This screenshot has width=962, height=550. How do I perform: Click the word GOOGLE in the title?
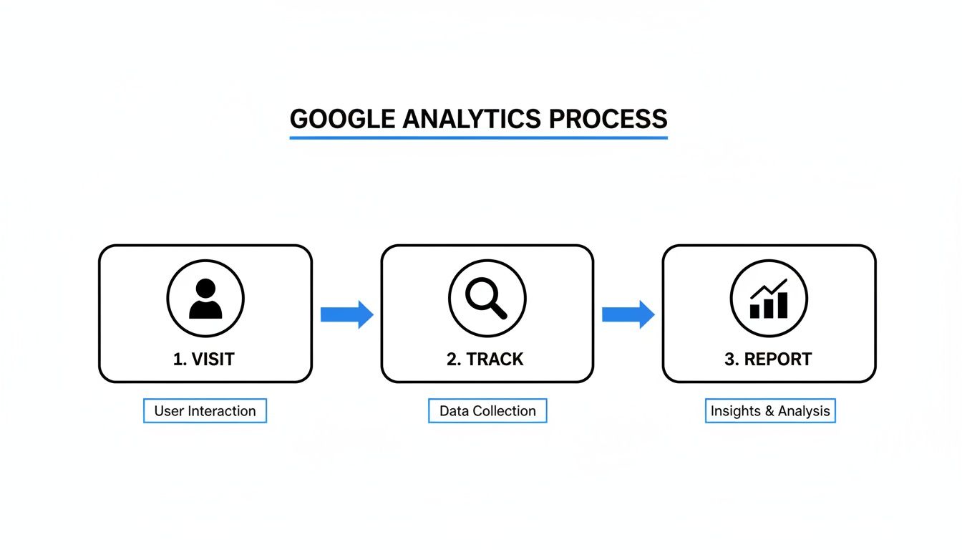[x=342, y=118]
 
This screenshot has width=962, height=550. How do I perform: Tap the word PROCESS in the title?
[x=608, y=118]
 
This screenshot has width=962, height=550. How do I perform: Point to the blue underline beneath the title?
[x=478, y=137]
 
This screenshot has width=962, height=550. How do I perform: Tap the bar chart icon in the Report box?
[x=769, y=301]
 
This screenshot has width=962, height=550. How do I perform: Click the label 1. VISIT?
[x=204, y=359]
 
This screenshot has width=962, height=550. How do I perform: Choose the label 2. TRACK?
[x=485, y=359]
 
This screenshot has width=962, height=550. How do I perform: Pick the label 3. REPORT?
[x=768, y=359]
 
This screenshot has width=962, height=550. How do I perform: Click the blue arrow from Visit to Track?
[x=346, y=314]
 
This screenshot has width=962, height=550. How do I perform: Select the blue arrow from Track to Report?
[x=628, y=314]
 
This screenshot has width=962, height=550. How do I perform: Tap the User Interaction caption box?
[x=205, y=411]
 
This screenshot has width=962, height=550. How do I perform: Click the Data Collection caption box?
[x=487, y=411]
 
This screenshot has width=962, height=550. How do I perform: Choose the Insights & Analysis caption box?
[x=770, y=411]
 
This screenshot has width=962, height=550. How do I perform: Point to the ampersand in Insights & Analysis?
[x=765, y=411]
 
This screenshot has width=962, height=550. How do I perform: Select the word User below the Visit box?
[x=169, y=411]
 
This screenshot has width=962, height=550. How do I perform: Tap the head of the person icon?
[x=205, y=289]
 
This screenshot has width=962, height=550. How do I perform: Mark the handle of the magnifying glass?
[x=498, y=309]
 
